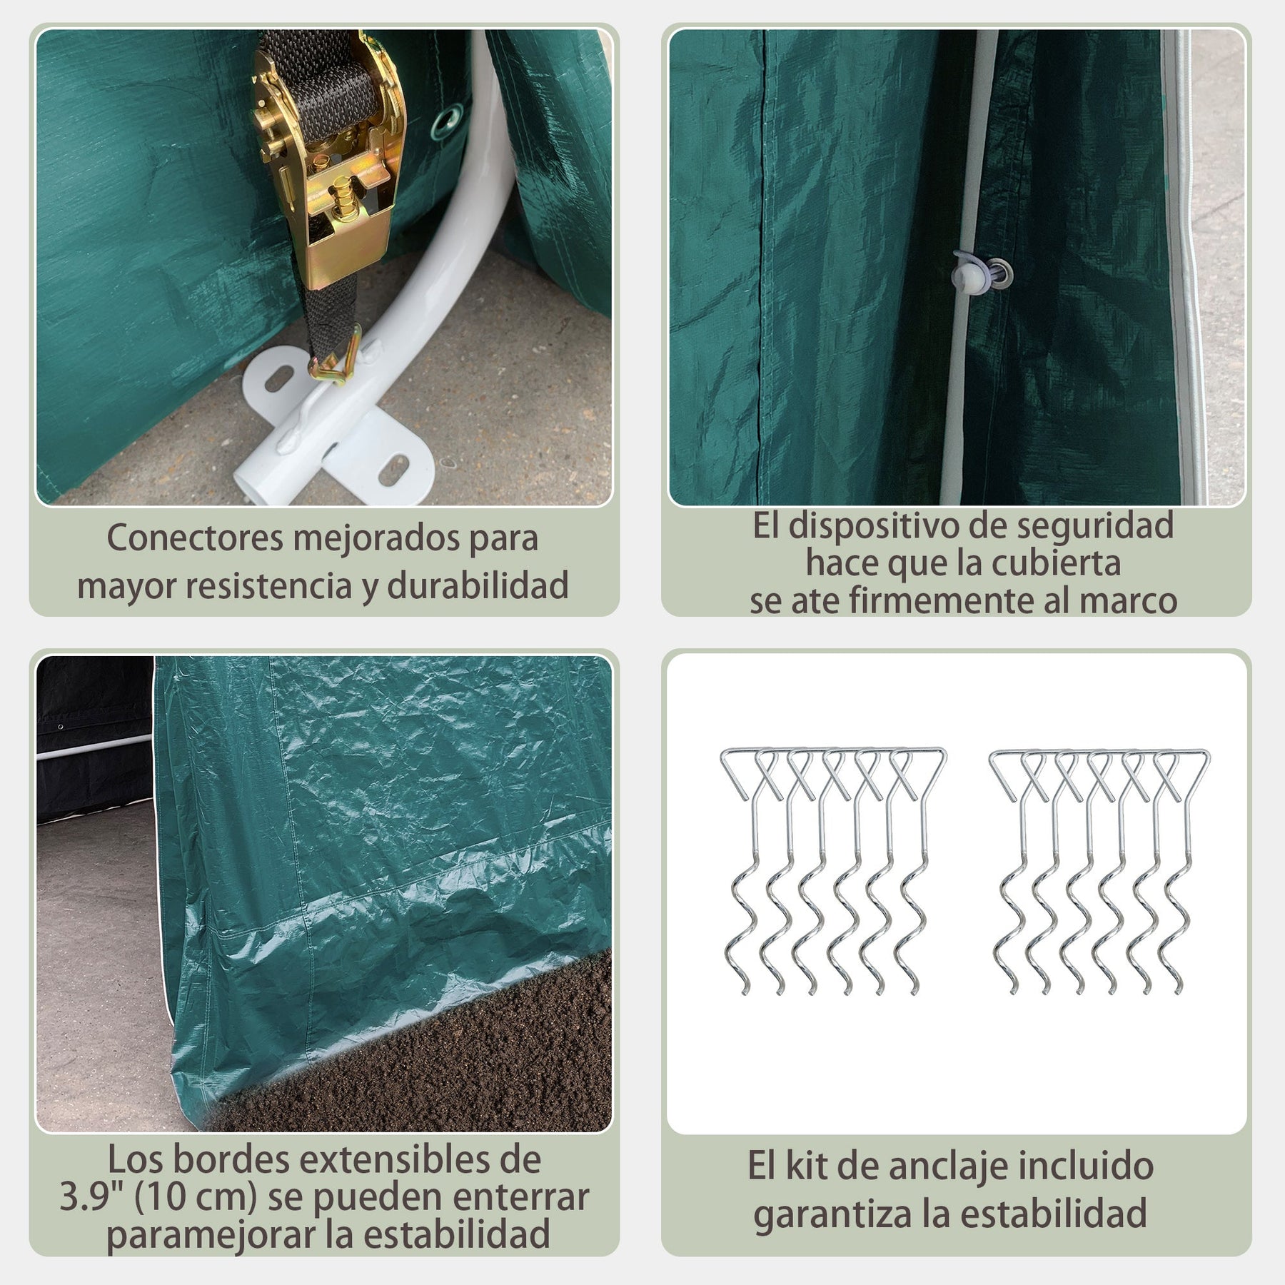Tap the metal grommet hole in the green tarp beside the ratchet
click(x=450, y=115)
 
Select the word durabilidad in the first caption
click(x=478, y=585)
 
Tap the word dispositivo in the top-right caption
click(x=896, y=525)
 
